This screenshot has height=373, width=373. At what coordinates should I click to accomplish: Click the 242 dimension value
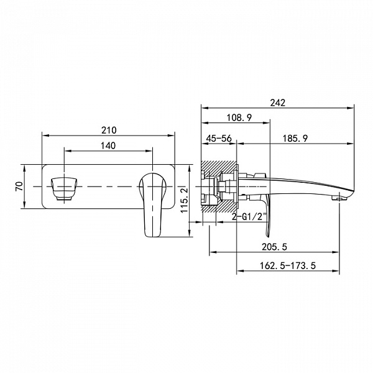(278, 103)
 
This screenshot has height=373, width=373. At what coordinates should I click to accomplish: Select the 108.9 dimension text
(239, 117)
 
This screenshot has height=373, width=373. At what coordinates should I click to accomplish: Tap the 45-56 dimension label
(219, 138)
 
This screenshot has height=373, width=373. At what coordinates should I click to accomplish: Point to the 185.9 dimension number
(295, 138)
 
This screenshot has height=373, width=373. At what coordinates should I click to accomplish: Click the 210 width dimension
(109, 131)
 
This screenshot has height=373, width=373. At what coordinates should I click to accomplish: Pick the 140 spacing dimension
(108, 145)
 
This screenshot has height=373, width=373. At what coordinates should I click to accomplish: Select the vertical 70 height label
(19, 186)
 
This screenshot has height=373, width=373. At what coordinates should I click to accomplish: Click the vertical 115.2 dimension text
(185, 201)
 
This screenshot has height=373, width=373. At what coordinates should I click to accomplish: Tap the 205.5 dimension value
(274, 247)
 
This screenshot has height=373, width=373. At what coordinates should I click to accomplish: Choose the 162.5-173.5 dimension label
(287, 265)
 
